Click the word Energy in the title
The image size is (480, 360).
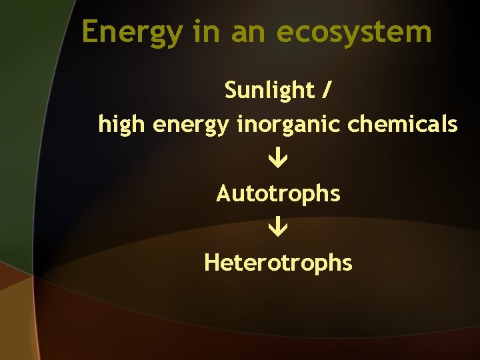(131, 32)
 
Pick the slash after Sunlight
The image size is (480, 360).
(325, 89)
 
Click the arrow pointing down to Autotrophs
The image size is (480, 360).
(278, 159)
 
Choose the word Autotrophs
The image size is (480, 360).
(278, 194)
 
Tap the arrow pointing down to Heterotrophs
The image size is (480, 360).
(278, 229)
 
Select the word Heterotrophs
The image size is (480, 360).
(278, 263)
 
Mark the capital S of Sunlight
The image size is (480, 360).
(231, 89)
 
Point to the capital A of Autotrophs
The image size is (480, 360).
(223, 194)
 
